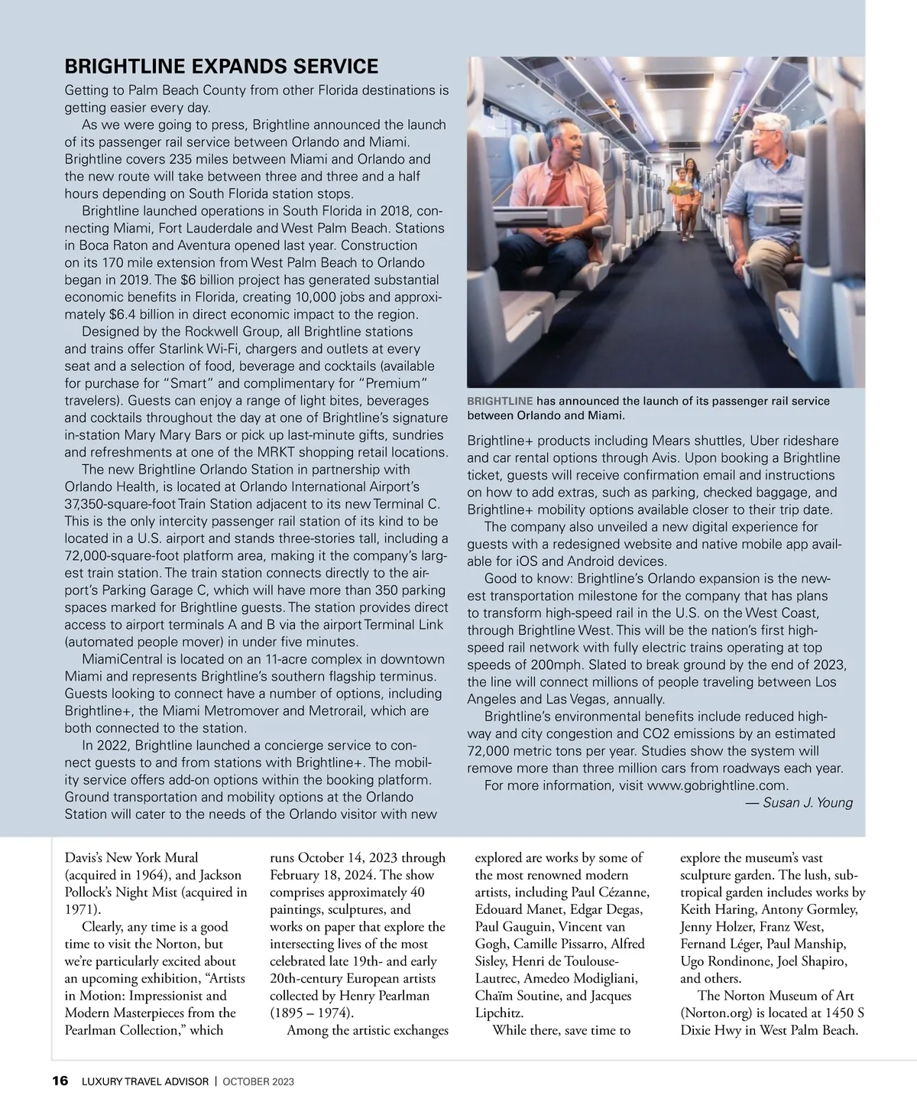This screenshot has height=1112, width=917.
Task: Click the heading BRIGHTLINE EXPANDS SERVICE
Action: [221, 67]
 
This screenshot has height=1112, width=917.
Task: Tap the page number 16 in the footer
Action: [60, 1081]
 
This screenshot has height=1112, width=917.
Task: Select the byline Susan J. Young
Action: [808, 802]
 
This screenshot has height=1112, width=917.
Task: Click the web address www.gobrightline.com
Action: [717, 785]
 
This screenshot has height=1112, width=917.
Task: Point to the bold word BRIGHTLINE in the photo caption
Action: [500, 401]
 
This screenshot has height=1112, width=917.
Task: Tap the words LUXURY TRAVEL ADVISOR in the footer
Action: [144, 1082]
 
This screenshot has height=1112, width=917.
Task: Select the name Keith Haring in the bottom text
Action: [715, 909]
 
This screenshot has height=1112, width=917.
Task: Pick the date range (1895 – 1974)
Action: [311, 1013]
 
